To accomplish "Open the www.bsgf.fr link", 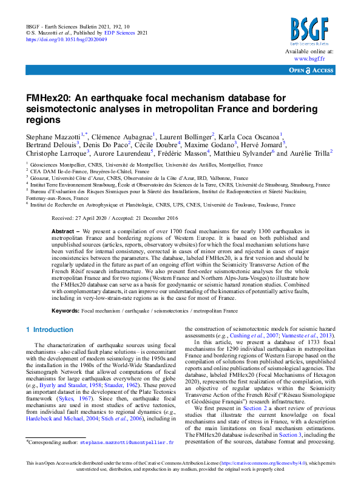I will (309, 59).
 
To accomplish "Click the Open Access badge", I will (311, 71).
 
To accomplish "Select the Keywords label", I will (65, 310).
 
